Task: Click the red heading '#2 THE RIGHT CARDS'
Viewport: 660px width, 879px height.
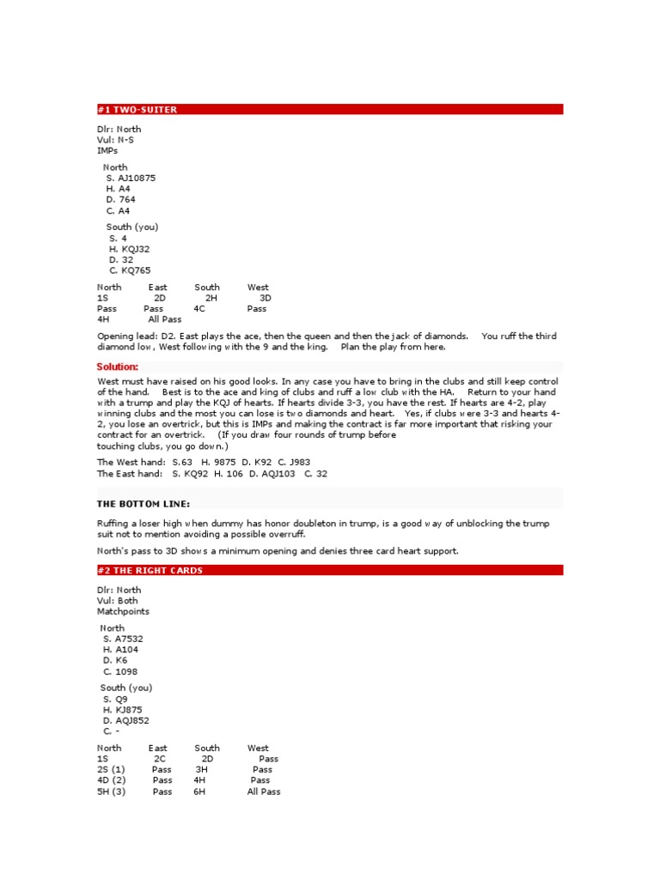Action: (x=150, y=570)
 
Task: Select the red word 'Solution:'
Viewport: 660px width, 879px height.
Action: (x=118, y=367)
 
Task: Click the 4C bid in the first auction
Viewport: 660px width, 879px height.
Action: (x=199, y=308)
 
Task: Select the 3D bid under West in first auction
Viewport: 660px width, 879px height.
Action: (x=265, y=298)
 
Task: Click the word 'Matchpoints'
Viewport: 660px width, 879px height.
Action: (x=123, y=612)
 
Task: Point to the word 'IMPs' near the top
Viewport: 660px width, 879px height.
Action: (x=107, y=150)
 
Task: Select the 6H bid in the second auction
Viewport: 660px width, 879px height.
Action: (x=200, y=791)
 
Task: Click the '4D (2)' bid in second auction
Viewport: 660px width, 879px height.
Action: (x=112, y=780)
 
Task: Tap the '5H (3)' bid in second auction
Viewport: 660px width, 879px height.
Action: (x=112, y=791)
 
